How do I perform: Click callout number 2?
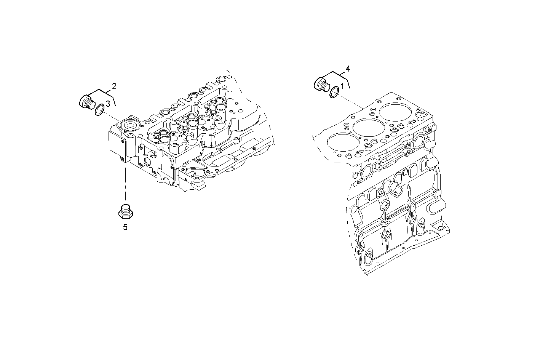(114, 86)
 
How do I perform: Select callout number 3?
(108, 103)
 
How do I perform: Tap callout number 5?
(125, 227)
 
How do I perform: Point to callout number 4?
(347, 69)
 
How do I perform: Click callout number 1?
(342, 86)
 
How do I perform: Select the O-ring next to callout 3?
(99, 110)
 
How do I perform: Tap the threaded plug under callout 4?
(322, 84)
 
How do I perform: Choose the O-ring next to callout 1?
(334, 92)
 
